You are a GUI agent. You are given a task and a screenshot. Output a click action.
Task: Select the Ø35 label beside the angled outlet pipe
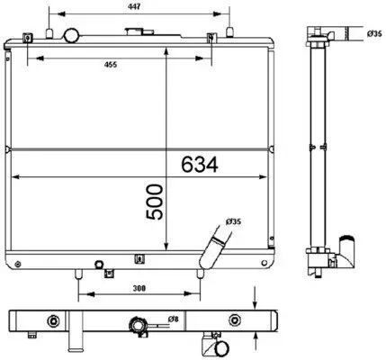point(232,222)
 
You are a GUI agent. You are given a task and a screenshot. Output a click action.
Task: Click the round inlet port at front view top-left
point(71,35)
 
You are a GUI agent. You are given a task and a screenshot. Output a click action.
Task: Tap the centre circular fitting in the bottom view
point(138,324)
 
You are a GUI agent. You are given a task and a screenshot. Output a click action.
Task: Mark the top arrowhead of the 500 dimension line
point(168,46)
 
